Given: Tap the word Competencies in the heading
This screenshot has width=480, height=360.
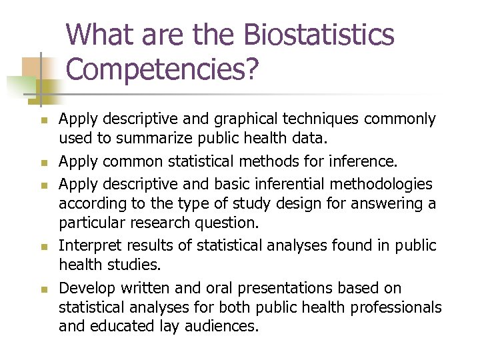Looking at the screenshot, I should [157, 69].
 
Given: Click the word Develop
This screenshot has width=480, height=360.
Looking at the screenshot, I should [85, 288].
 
